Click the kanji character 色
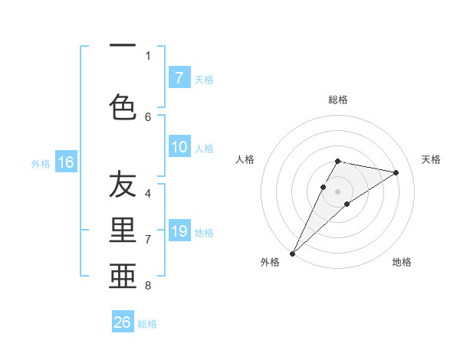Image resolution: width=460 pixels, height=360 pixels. (123, 106)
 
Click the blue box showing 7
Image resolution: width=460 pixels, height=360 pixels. (179, 77)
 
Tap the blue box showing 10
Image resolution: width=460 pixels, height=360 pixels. (179, 147)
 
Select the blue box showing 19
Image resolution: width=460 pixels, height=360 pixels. (179, 231)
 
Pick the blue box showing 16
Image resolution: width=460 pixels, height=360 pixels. (66, 162)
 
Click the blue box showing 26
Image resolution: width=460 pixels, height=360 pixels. (123, 322)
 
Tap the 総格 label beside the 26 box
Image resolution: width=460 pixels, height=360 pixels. (147, 324)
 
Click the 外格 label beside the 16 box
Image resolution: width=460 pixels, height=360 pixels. (41, 163)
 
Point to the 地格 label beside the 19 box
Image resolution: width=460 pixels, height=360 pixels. (204, 232)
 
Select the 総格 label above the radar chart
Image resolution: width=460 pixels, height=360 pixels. (337, 100)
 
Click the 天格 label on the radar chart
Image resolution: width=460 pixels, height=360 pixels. (432, 159)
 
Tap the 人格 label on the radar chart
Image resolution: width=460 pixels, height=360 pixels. (245, 159)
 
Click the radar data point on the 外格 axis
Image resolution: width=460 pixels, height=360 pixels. (292, 253)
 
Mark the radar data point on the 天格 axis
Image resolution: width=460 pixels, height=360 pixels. (396, 172)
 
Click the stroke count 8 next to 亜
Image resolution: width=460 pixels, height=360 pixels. (147, 286)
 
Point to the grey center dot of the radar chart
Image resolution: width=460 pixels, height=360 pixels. (337, 191)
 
